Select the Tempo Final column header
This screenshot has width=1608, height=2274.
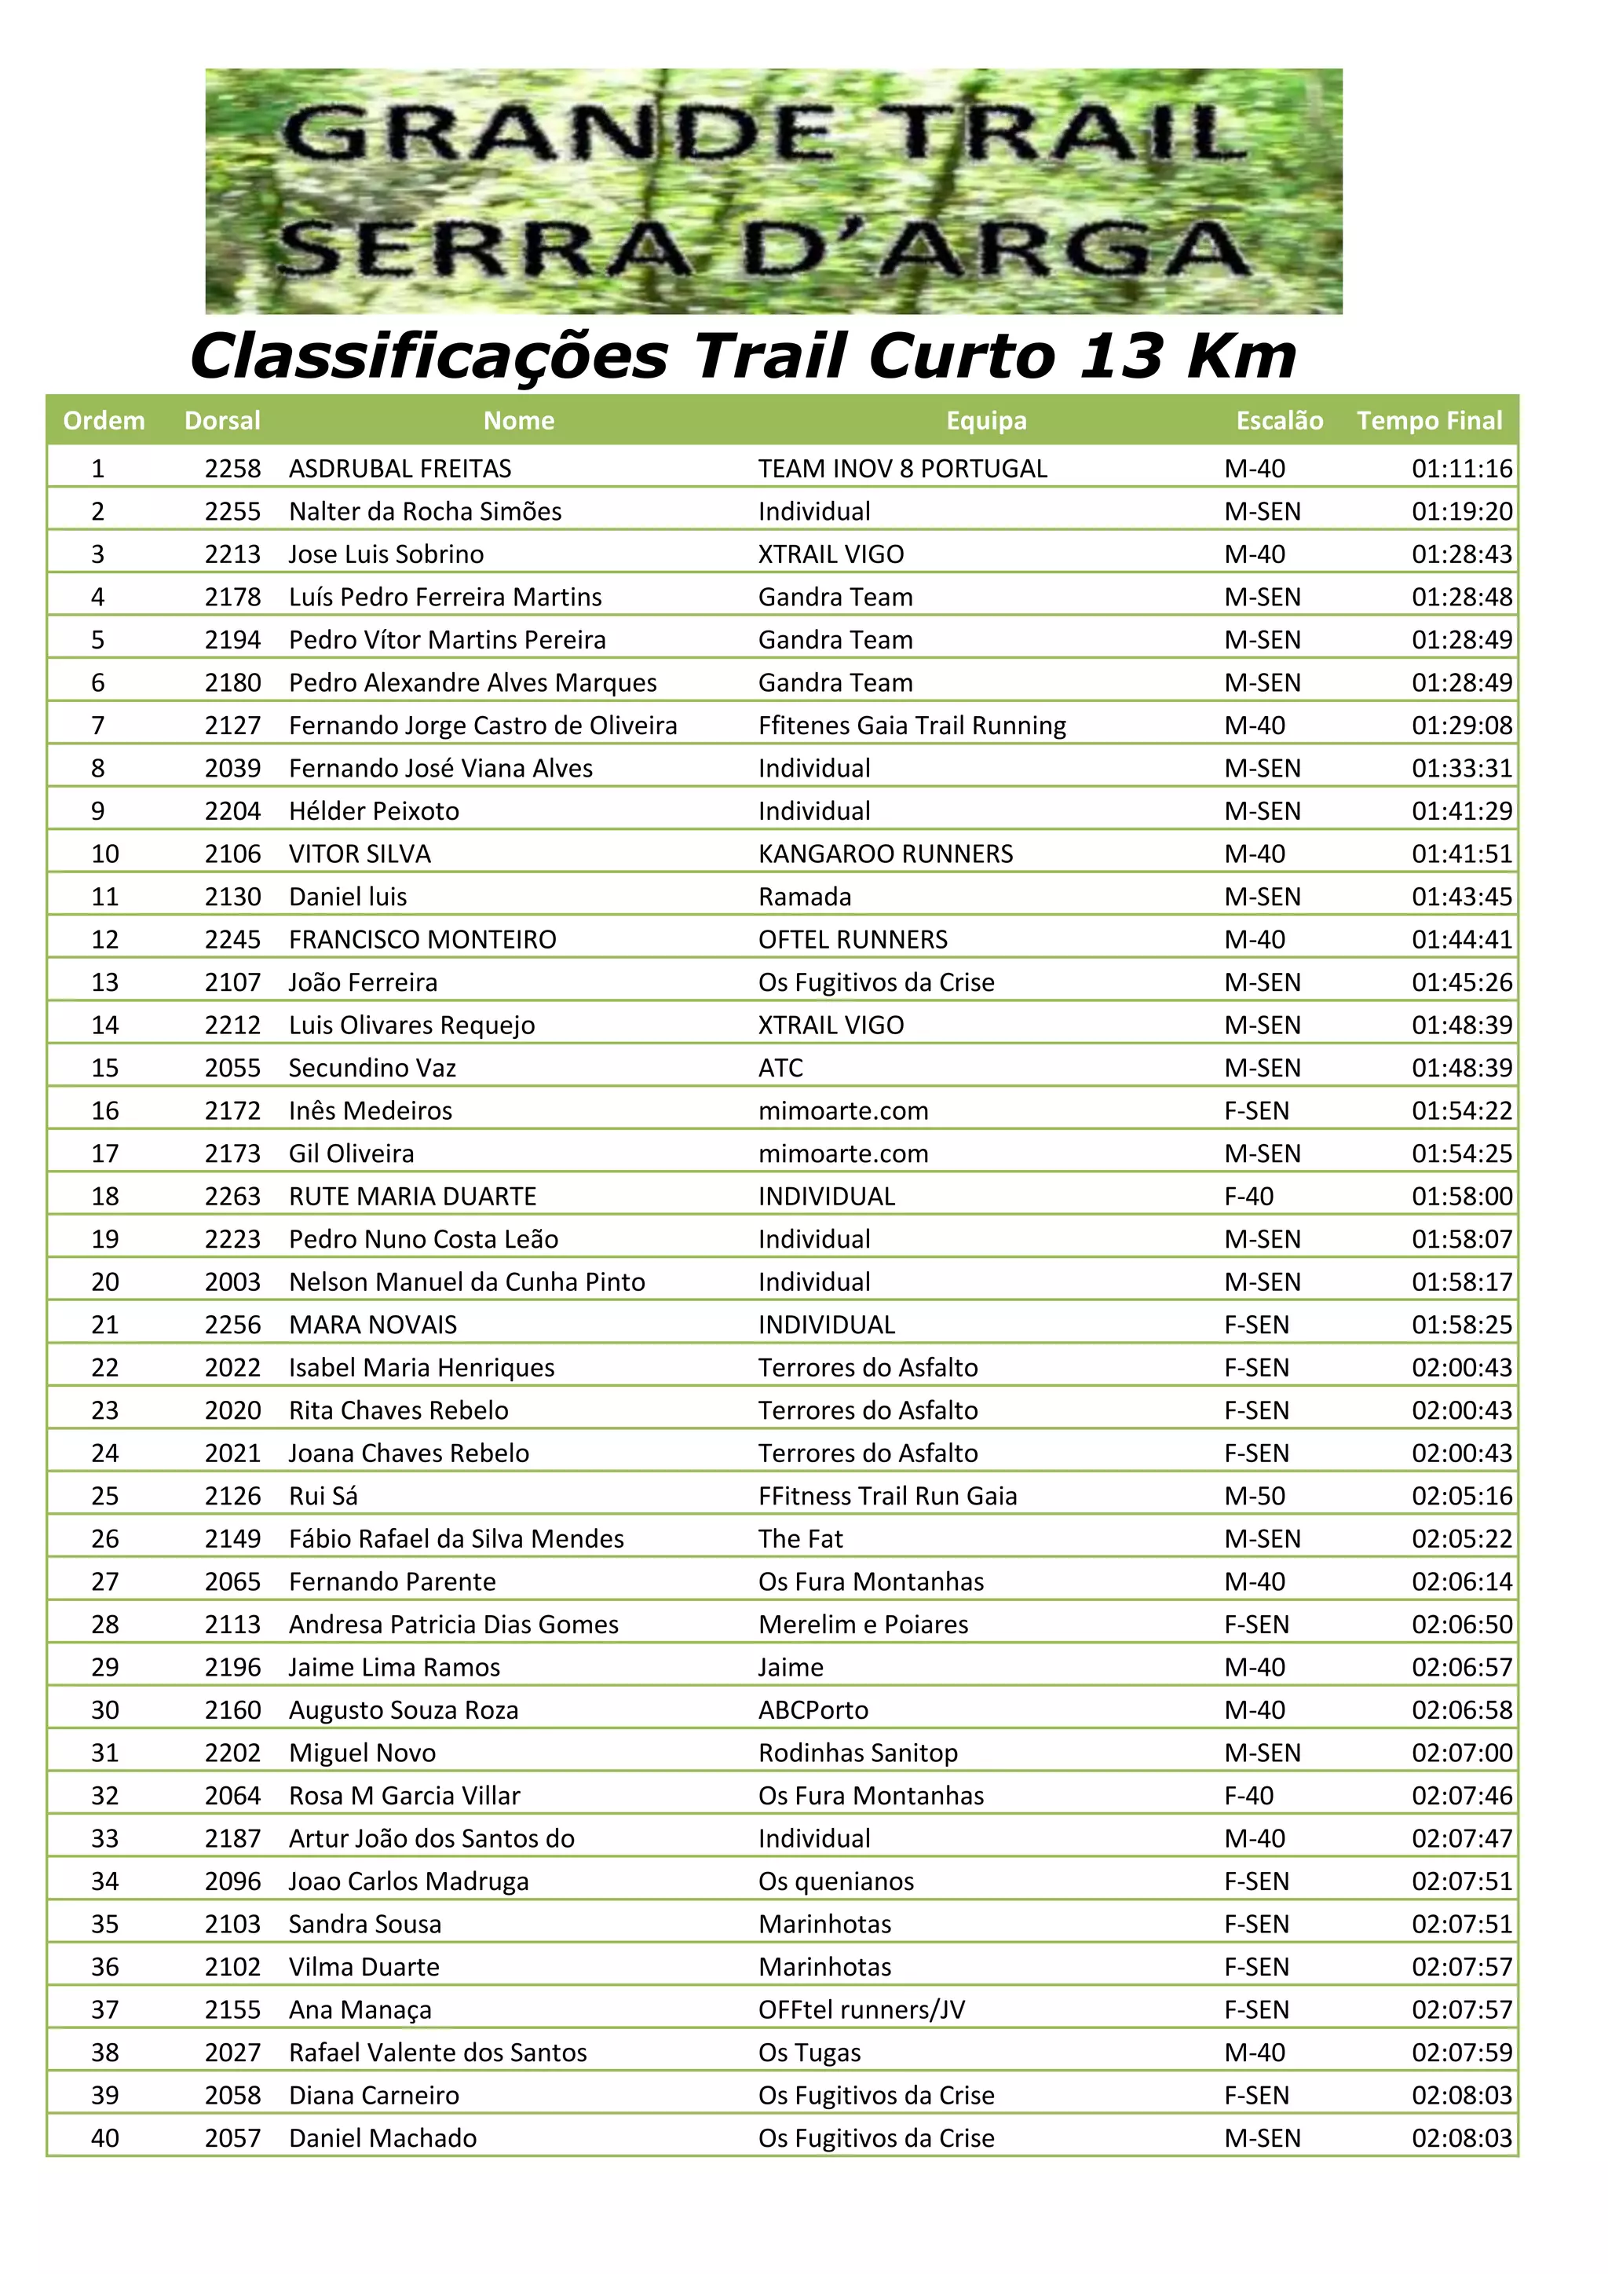point(1429,421)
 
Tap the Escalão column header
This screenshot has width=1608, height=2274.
point(1279,421)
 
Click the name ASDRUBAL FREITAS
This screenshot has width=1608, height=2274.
point(400,469)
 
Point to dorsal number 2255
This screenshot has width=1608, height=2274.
point(232,511)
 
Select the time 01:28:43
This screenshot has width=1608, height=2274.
point(1461,554)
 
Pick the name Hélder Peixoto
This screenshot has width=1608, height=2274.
point(375,811)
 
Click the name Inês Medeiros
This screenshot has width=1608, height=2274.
point(371,1110)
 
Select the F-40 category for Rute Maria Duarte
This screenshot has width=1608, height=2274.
point(1248,1197)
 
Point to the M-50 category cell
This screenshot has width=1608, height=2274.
point(1255,1496)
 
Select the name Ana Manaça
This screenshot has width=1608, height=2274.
point(360,2009)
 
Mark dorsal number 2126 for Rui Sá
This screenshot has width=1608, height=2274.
point(232,1496)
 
